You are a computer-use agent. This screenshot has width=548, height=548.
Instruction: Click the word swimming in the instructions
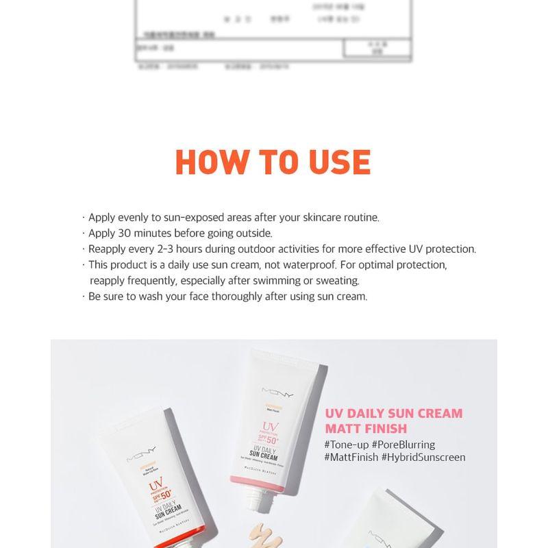(x=268, y=280)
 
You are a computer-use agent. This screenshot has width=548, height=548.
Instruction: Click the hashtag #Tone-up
(x=347, y=445)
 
